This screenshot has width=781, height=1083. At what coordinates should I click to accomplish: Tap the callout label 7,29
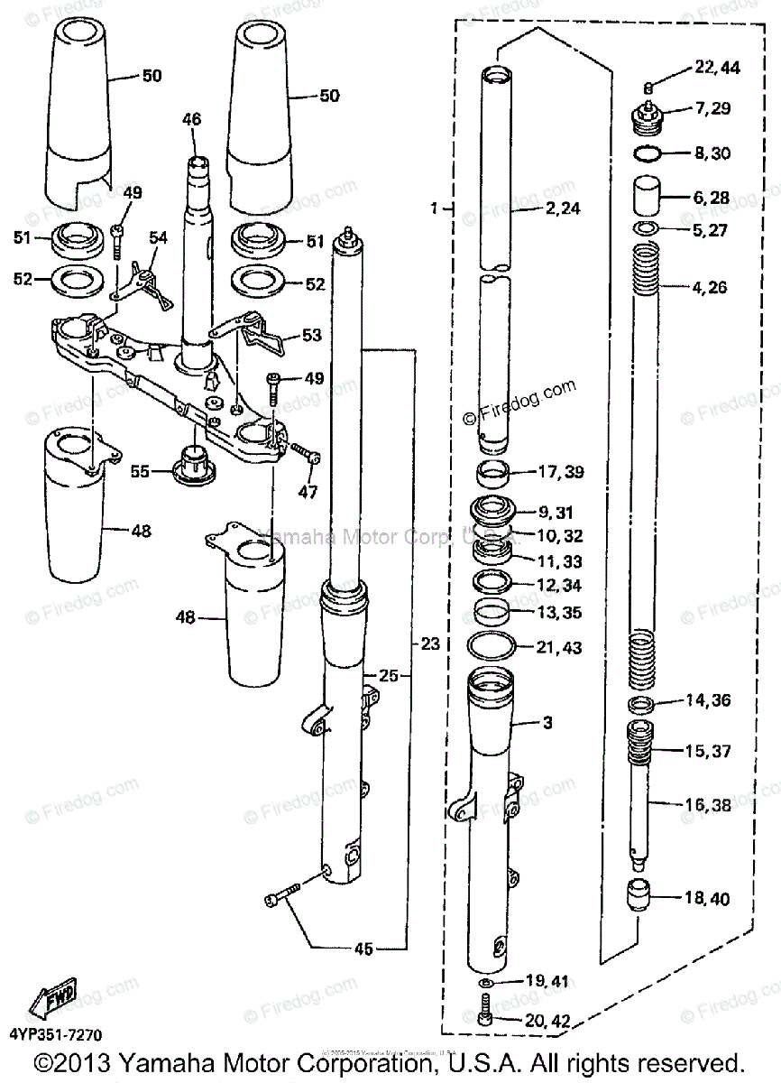point(712,108)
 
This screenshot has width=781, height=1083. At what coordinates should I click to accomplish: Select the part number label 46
point(191,119)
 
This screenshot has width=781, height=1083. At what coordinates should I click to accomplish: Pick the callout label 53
point(311,336)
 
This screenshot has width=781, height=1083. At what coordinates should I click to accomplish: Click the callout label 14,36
point(707,700)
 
